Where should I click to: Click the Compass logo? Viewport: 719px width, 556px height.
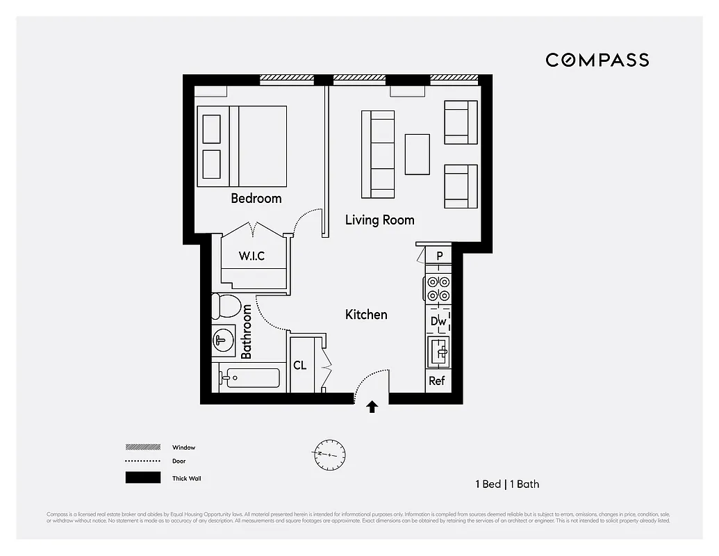point(597,60)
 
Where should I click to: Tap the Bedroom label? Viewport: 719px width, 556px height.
point(256,199)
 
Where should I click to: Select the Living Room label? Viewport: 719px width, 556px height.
point(379,220)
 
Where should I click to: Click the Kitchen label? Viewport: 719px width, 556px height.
point(366,315)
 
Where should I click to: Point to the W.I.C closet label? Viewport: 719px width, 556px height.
point(251,256)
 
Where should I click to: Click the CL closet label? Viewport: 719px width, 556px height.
point(300,366)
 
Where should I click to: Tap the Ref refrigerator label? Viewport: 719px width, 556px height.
point(437,381)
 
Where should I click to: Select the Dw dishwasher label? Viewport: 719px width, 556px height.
point(438,321)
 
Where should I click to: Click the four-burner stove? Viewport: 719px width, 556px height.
point(438,288)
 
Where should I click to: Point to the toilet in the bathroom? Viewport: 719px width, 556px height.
point(226,305)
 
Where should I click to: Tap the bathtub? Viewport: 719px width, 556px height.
point(250,378)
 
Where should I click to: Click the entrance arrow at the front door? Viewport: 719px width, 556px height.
point(372,407)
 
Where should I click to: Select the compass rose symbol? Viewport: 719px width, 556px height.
point(327,452)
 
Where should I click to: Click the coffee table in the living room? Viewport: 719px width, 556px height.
point(417,154)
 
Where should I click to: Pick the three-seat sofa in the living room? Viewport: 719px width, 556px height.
point(378,154)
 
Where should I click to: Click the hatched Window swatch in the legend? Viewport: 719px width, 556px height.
point(142,447)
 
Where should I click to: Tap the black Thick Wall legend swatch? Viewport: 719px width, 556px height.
point(142,478)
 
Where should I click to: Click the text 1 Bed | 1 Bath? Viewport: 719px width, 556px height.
point(507,484)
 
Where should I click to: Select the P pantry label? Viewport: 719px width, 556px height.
point(440,256)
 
